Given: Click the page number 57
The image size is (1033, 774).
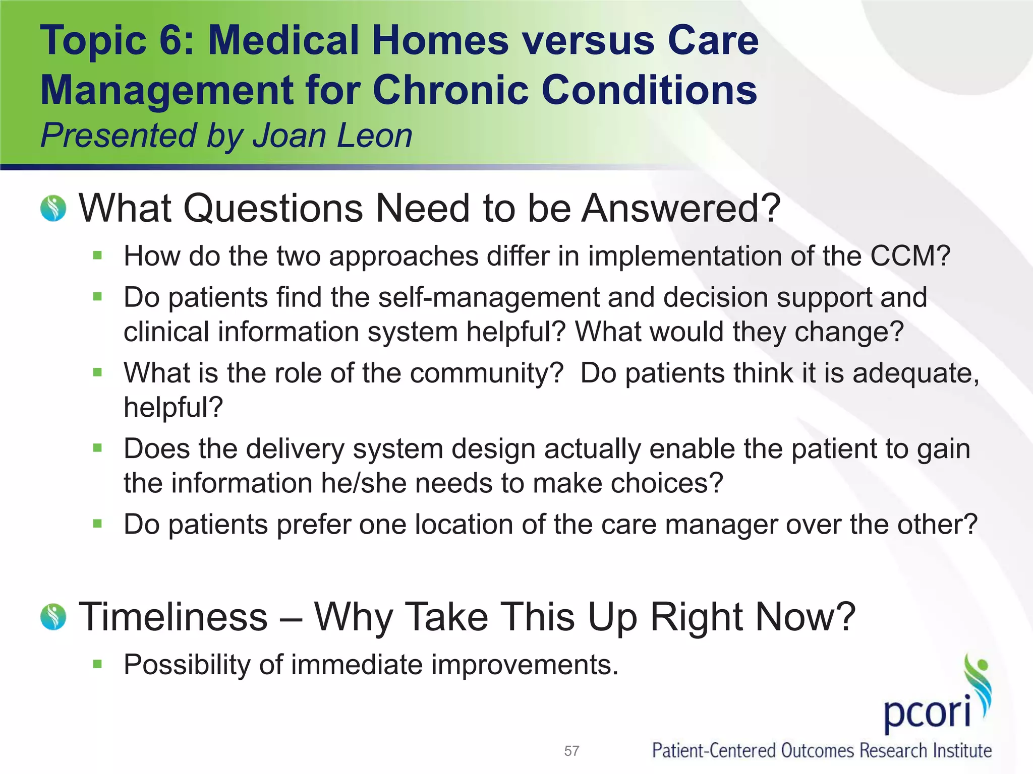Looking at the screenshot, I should (571, 751).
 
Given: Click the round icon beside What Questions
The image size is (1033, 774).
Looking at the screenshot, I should (53, 209).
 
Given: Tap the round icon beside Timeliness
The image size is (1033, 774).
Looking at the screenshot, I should (53, 617).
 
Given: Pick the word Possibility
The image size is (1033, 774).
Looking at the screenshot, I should (187, 665).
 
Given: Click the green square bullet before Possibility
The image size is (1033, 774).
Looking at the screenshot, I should (98, 664).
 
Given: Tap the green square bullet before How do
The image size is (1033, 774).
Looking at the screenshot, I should (98, 255).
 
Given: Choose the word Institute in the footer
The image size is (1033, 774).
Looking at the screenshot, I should (962, 751).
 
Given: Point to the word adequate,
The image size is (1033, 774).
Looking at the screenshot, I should (915, 373).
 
